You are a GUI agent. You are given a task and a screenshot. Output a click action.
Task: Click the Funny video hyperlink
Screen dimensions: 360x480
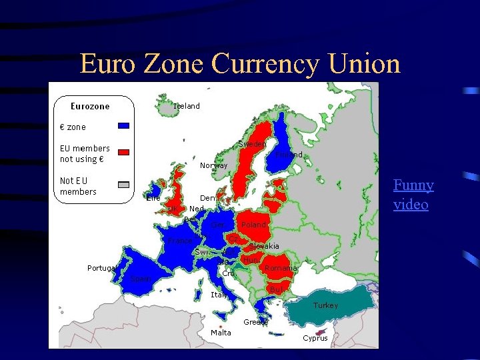[413, 195]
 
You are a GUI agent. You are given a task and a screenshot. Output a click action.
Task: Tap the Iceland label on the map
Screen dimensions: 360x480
[187, 106]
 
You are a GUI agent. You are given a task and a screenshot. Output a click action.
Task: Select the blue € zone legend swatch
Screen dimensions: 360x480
[123, 125]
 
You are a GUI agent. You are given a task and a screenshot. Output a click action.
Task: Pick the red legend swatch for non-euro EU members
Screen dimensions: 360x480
[123, 149]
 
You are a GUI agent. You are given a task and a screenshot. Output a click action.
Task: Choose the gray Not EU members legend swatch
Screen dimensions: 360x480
[123, 185]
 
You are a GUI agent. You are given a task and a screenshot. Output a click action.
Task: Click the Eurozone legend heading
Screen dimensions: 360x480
[90, 106]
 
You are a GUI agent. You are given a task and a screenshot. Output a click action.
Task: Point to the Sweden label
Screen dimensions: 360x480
[253, 144]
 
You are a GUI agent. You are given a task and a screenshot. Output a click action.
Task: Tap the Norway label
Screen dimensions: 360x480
[214, 165]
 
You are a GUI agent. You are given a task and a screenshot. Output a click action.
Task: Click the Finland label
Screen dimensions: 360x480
[289, 155]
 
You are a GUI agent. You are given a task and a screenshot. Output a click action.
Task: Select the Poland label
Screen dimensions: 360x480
[254, 225]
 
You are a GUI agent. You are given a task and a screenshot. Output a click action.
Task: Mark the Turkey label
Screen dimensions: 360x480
[326, 305]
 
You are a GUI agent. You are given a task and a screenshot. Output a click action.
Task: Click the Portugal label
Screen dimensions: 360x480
[103, 268]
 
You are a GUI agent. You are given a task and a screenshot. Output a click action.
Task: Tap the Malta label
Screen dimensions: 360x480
[221, 332]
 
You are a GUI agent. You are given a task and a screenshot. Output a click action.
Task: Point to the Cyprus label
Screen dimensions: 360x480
[315, 338]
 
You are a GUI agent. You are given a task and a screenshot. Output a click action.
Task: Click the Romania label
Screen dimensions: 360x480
[280, 268]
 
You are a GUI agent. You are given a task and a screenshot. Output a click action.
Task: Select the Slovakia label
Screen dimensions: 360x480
[265, 246]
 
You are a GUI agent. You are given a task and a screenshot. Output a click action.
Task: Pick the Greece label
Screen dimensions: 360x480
[256, 321]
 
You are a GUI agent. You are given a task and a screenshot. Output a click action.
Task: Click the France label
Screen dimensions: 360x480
[180, 240]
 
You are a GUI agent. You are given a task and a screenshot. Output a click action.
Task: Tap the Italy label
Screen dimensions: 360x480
[219, 294]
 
